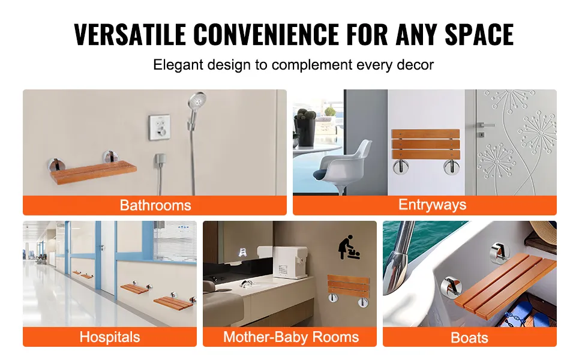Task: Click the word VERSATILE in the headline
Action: [x=130, y=34]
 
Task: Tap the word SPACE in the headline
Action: [x=479, y=34]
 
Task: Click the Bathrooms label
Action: [x=155, y=205]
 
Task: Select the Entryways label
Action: [x=432, y=205]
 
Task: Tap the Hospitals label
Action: [x=109, y=337]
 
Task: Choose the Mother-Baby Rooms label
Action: [x=291, y=337]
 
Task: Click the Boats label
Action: [x=469, y=338]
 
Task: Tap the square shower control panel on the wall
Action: [x=160, y=127]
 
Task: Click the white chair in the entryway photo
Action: [x=343, y=165]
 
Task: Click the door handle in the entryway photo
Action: [x=485, y=125]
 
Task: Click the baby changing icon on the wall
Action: [x=350, y=247]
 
